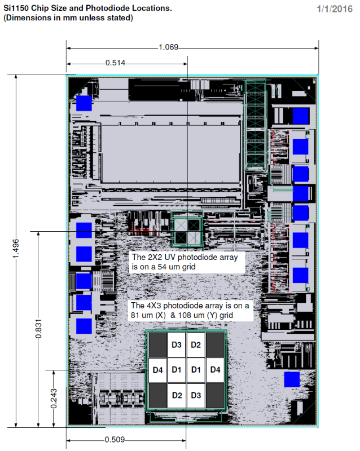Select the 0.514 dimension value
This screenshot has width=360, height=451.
tap(115, 63)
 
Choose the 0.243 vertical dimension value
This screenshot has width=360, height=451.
tap(54, 399)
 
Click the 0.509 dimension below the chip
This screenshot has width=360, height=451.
tap(115, 440)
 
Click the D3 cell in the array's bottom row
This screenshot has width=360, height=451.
tap(196, 395)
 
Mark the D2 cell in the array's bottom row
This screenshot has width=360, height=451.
tap(176, 395)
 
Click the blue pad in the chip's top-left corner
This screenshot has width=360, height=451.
tap(84, 103)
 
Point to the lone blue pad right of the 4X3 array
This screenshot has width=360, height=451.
tap(292, 379)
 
